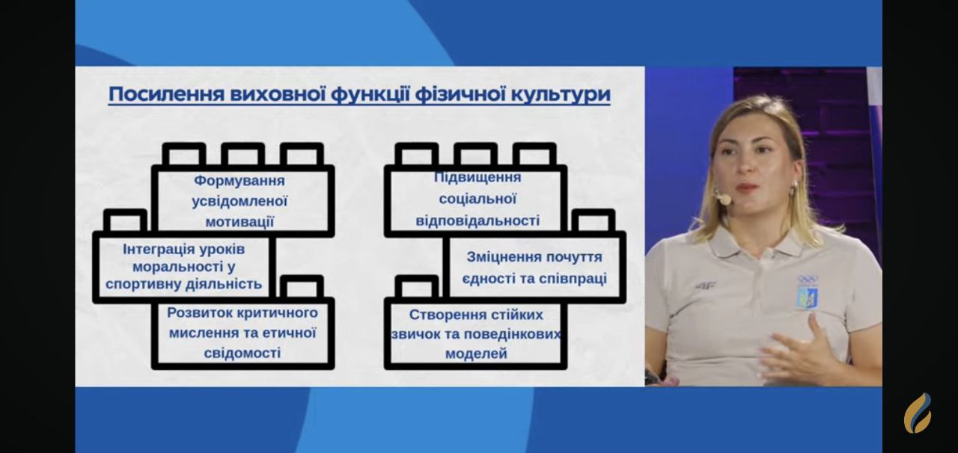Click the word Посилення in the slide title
[x=166, y=94]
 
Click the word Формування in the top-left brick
[x=239, y=181]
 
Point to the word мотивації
[x=239, y=222]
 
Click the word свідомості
[x=242, y=353]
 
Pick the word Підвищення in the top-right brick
[x=478, y=177]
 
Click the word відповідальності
[x=478, y=221]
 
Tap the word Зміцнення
[x=498, y=257]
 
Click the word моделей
[x=476, y=354]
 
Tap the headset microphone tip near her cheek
[x=724, y=199]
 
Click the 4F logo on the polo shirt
[x=705, y=285]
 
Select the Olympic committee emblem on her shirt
[x=807, y=292]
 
